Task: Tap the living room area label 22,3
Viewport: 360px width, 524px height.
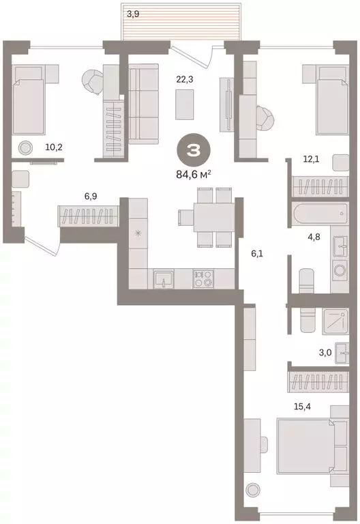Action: click(x=184, y=79)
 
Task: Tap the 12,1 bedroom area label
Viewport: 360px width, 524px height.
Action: click(x=312, y=159)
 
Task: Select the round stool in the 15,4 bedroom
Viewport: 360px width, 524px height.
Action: click(x=254, y=489)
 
